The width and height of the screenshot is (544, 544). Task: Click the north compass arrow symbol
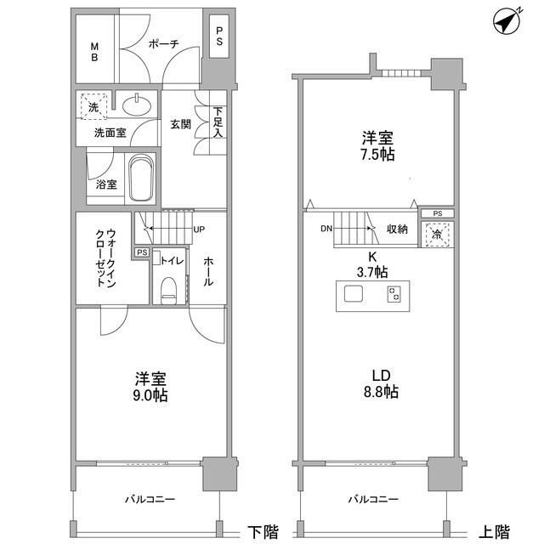509,21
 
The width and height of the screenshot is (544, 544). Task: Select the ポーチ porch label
161,46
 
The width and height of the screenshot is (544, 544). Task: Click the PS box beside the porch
218,38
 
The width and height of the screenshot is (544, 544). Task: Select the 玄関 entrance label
180,124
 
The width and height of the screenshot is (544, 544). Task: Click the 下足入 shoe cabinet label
218,122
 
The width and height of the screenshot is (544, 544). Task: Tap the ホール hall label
208,270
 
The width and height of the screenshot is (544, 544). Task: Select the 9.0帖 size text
149,396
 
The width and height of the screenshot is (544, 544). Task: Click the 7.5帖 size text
375,156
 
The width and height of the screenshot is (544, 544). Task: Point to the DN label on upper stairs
326,229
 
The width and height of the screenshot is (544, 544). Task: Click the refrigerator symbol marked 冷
437,233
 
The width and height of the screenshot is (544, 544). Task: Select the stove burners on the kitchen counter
394,295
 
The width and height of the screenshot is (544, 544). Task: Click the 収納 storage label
398,229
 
